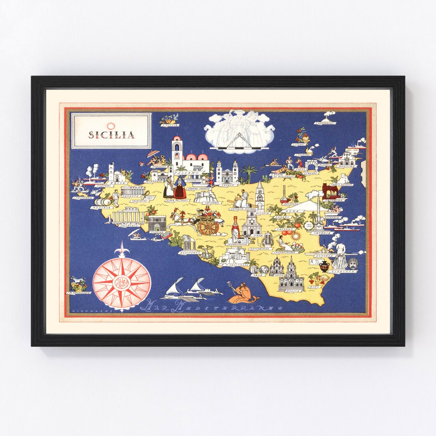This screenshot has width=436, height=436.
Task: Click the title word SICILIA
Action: click(111, 135)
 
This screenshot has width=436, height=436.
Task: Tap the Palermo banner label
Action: click(186, 173)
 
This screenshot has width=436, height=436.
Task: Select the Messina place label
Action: click(347, 166)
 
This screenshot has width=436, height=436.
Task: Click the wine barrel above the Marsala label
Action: click(106, 201)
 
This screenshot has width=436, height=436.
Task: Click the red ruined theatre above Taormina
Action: click(330, 191)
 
